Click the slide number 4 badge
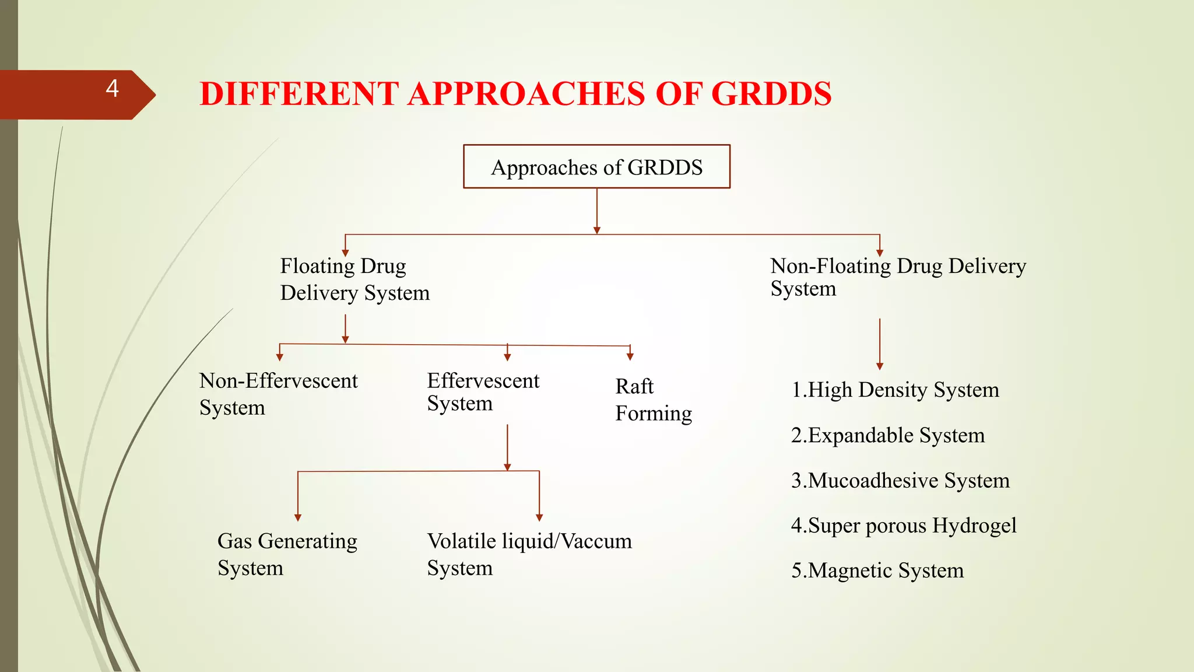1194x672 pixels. click(x=112, y=89)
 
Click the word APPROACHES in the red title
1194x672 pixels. click(x=526, y=94)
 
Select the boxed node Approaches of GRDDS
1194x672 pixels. click(x=596, y=167)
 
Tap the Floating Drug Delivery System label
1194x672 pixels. click(x=354, y=279)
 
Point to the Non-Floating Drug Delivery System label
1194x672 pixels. click(x=897, y=277)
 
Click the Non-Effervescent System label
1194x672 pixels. click(x=278, y=394)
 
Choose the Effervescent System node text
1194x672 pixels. click(x=483, y=391)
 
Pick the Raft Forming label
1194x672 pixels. click(x=653, y=400)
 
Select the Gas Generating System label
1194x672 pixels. click(x=287, y=554)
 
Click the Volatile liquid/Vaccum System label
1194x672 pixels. click(x=529, y=554)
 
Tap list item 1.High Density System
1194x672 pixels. click(x=895, y=390)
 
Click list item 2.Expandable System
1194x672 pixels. click(x=887, y=435)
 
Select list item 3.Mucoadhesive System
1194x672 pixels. click(x=900, y=481)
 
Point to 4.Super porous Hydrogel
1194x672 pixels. click(x=903, y=526)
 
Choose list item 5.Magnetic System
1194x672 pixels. click(x=877, y=570)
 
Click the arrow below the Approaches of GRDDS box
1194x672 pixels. click(x=596, y=211)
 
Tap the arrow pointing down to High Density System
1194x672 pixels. click(x=880, y=344)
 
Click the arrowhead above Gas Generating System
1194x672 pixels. click(x=298, y=517)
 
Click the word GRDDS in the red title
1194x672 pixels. click(x=771, y=94)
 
